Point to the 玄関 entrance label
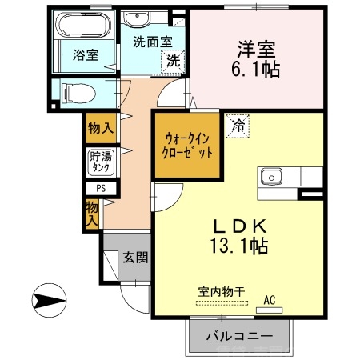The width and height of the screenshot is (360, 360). pyautogui.click(x=134, y=258)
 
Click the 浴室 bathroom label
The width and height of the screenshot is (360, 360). pyautogui.click(x=86, y=55)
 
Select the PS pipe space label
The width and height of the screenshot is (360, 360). pyautogui.click(x=101, y=189)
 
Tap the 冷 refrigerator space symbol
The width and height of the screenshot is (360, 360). pyautogui.click(x=238, y=125)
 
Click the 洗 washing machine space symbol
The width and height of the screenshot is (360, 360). pyautogui.click(x=171, y=59)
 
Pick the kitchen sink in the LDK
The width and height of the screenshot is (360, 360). pyautogui.click(x=270, y=174)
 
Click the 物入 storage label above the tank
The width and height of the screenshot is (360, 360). pyautogui.click(x=101, y=128)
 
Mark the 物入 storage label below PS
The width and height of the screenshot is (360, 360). pyautogui.click(x=93, y=213)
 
